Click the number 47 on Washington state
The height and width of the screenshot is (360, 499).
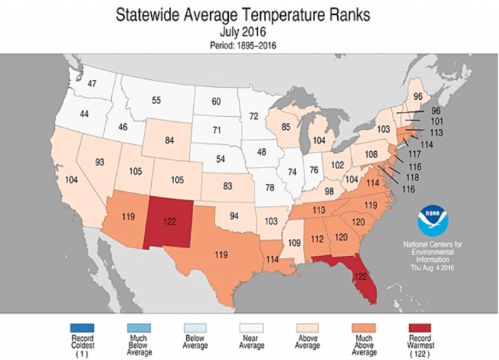pyautogui.click(x=92, y=84)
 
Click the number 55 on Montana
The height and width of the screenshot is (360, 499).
pyautogui.click(x=156, y=101)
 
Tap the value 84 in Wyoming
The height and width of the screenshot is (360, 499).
pyautogui.click(x=170, y=140)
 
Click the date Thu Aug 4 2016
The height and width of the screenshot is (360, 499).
pyautogui.click(x=433, y=267)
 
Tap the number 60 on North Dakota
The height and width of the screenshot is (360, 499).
pyautogui.click(x=217, y=103)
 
